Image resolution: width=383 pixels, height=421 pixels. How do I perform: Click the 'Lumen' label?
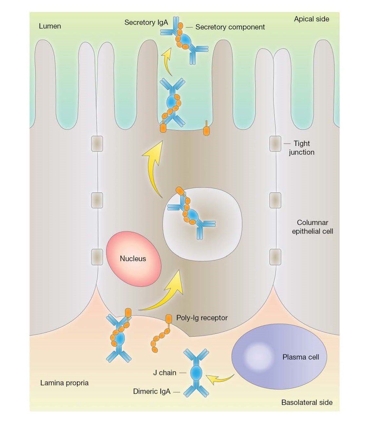50,26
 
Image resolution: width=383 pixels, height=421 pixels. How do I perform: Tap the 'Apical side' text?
311,19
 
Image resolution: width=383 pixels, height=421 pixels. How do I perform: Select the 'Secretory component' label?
230,27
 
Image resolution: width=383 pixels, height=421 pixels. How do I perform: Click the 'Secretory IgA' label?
146,23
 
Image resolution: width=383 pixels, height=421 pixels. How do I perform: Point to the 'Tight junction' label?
301,148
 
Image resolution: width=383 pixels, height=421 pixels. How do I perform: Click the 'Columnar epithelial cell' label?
312,227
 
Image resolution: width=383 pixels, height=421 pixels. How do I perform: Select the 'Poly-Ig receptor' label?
202,318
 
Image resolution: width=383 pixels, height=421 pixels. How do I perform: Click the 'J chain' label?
165,373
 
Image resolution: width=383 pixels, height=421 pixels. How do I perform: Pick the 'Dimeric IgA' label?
152,392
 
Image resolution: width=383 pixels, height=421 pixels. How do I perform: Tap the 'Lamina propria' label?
64,383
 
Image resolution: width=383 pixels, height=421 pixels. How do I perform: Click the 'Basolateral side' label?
307,403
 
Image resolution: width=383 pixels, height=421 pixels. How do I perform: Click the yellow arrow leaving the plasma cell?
220,379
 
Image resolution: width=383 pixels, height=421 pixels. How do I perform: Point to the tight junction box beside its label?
275,144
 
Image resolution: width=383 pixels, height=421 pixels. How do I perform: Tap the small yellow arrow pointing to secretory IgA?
167,62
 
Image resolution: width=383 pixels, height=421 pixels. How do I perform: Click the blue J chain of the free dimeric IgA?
196,373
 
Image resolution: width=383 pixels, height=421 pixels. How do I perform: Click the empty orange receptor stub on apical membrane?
206,129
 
